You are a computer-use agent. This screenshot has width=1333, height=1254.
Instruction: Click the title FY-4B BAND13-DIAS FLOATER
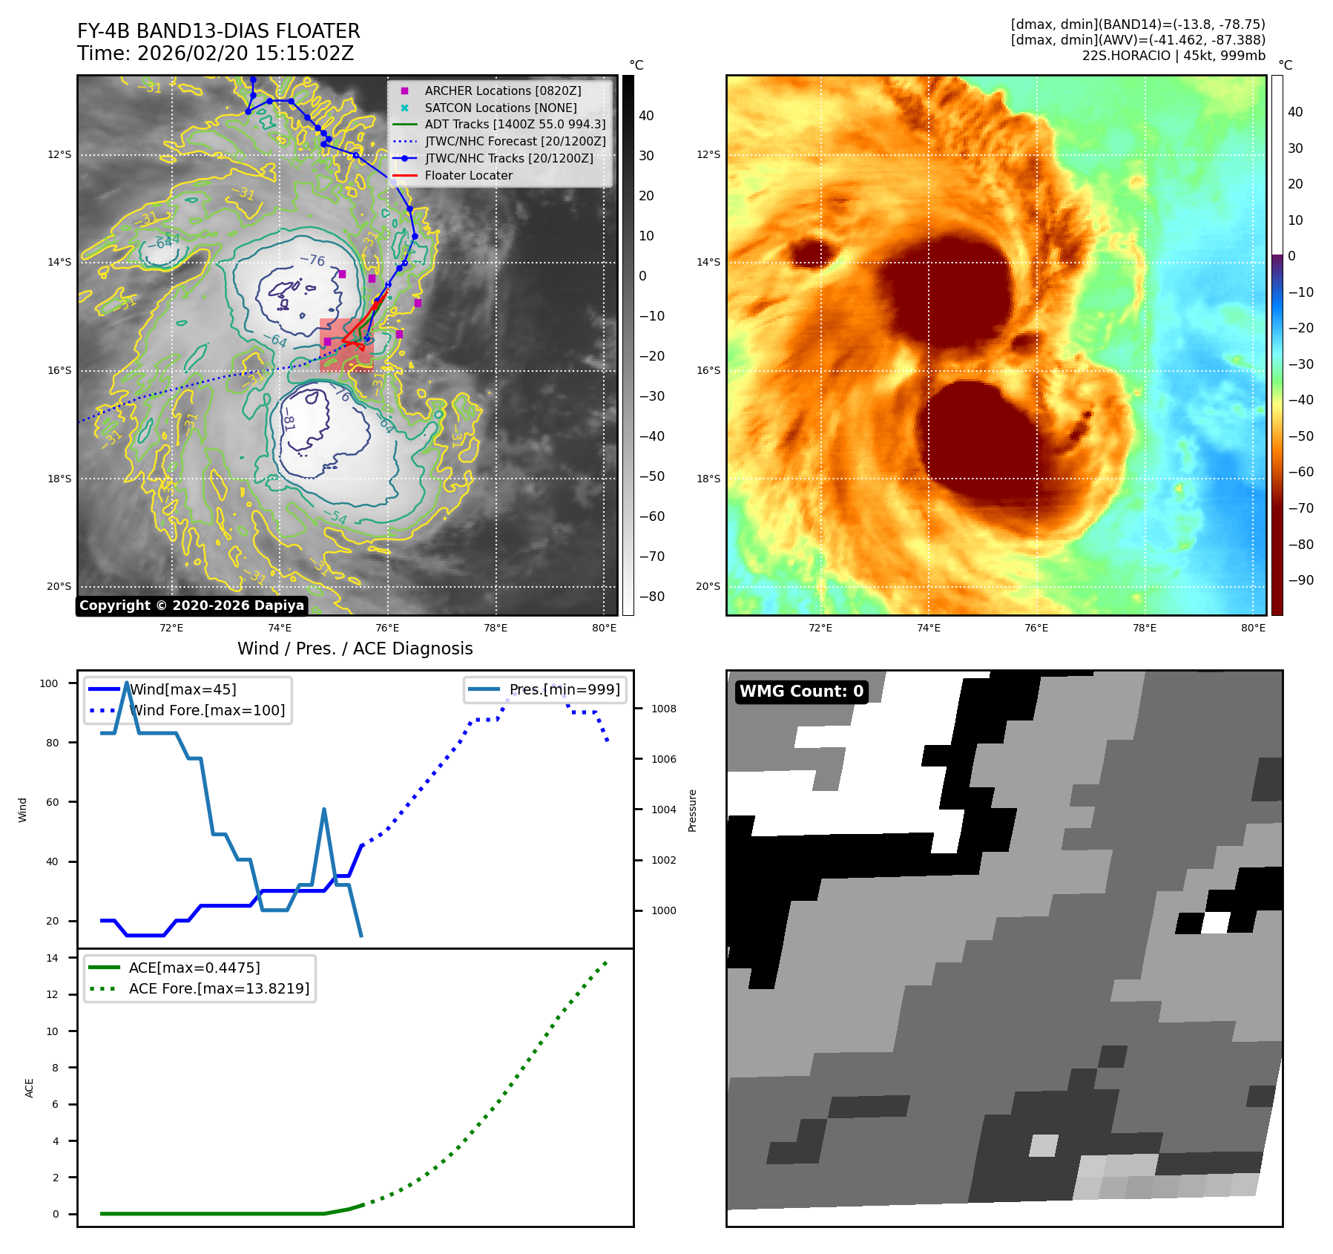point(218,31)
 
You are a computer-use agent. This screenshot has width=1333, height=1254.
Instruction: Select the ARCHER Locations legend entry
point(502,91)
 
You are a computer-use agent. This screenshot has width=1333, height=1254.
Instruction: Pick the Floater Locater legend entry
point(468,175)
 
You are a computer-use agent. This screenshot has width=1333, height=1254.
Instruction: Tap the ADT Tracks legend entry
point(515,125)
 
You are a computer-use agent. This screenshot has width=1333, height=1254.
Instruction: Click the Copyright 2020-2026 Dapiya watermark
point(191,605)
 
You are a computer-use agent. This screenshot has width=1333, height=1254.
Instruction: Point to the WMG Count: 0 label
point(801,692)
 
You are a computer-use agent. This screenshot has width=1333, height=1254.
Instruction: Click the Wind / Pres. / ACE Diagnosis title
point(355,649)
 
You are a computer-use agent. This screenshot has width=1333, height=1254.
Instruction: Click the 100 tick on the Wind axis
point(49,683)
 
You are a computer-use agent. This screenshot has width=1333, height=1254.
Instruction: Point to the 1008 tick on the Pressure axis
point(663,709)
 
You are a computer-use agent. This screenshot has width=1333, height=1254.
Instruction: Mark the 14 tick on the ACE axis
point(52,958)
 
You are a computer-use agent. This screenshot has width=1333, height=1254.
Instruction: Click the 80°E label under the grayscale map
point(604,628)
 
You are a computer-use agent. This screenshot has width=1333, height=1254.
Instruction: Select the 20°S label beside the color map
point(708,586)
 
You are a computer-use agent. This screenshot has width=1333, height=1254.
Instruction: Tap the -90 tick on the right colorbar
point(1300,580)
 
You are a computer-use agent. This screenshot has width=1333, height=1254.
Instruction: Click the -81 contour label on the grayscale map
point(288,422)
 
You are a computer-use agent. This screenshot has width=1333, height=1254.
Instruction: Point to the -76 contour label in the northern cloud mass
point(312,260)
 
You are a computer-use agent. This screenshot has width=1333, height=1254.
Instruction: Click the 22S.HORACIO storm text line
point(1173,56)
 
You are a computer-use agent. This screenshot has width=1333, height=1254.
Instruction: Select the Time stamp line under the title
point(215,53)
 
